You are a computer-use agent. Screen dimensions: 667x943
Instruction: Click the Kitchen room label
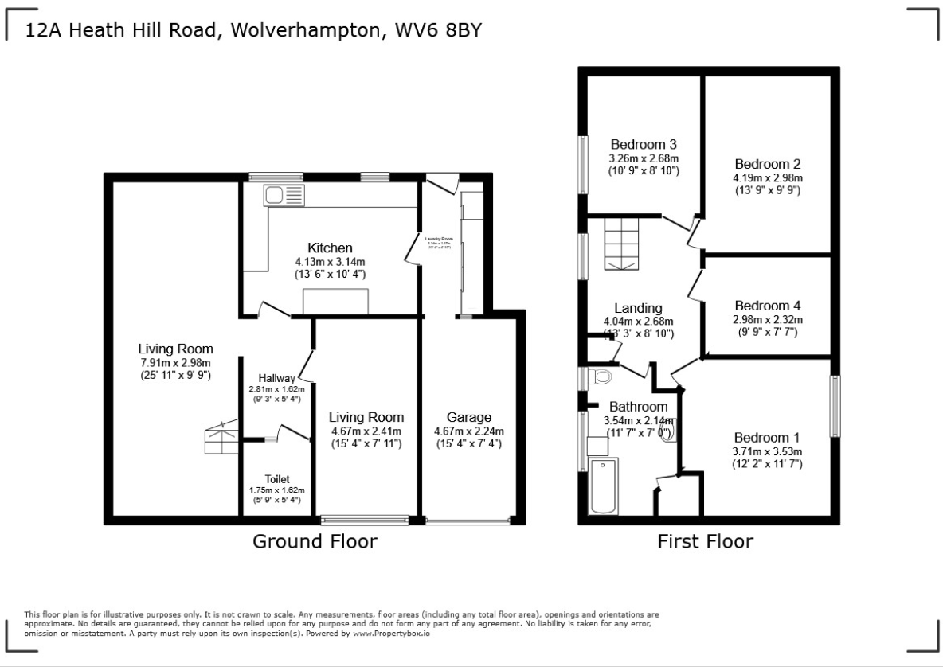(x=330, y=248)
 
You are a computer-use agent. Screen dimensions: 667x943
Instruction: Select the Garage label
(x=468, y=418)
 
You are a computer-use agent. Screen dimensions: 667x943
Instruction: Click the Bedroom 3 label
(x=644, y=145)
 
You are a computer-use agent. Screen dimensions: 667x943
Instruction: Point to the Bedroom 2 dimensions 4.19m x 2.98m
(x=768, y=178)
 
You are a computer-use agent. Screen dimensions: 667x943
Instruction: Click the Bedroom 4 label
(x=768, y=306)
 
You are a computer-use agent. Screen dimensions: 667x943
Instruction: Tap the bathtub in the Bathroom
(x=601, y=486)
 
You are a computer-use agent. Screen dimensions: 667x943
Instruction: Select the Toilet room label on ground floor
(x=277, y=479)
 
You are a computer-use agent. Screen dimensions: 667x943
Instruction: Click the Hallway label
(x=277, y=378)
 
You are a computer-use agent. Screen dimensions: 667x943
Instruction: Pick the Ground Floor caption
(x=315, y=542)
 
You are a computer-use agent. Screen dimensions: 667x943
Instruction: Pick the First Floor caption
(x=705, y=542)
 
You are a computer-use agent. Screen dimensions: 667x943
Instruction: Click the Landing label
(x=638, y=309)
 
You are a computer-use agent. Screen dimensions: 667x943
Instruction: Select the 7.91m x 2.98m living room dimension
(x=175, y=362)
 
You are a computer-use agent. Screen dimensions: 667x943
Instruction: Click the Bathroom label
(x=638, y=407)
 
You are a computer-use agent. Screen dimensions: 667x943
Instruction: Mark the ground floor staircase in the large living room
(x=221, y=438)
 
